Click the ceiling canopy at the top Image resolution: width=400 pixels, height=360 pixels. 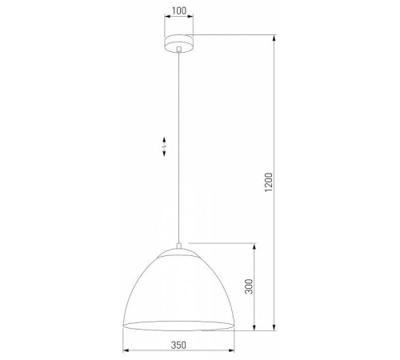click(180, 43)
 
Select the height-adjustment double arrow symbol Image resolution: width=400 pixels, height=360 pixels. click(164, 148)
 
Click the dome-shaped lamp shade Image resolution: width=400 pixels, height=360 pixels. click(179, 288)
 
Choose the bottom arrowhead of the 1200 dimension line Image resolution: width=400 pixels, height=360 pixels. click(276, 328)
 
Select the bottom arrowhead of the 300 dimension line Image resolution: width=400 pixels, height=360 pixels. click(254, 328)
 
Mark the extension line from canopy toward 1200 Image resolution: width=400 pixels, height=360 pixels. click(240, 35)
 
